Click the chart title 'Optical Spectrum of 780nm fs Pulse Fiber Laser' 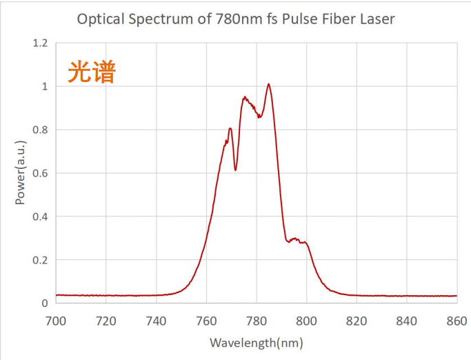[236, 19]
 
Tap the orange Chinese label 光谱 [92, 72]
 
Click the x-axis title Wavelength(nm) [256, 343]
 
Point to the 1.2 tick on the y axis [40, 43]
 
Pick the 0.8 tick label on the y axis [40, 130]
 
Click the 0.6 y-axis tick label [40, 173]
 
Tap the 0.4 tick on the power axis [40, 217]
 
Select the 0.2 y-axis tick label [40, 260]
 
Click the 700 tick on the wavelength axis [56, 320]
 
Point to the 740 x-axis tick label [156, 320]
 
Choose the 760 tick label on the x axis [206, 320]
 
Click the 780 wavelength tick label [256, 320]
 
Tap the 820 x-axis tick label [357, 320]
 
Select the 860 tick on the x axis [457, 320]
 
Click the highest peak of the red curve [268, 85]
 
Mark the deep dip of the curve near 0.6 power [235, 170]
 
